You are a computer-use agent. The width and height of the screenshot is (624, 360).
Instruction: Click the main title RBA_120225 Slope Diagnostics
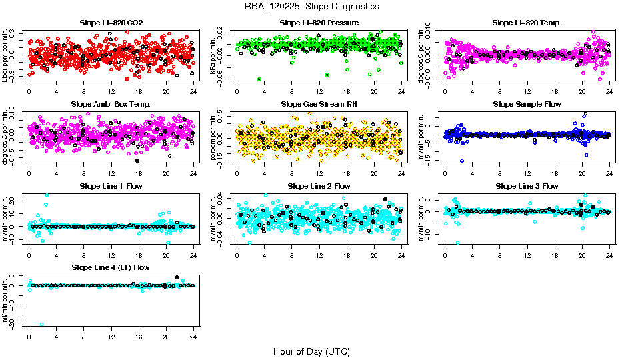click(311, 6)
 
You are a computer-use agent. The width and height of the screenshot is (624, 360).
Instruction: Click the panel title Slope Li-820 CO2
click(111, 23)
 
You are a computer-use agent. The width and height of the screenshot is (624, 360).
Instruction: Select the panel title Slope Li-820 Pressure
click(319, 23)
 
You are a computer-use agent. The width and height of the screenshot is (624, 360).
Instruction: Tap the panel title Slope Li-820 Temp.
click(527, 23)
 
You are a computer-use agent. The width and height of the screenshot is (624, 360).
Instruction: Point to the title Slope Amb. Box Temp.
click(111, 105)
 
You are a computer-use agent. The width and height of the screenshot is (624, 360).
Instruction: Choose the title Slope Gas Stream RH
click(319, 105)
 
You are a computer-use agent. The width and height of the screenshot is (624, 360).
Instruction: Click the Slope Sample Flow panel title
click(527, 105)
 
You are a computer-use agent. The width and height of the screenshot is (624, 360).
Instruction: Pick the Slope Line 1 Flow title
click(111, 186)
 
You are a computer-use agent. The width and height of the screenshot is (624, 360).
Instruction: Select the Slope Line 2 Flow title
click(319, 186)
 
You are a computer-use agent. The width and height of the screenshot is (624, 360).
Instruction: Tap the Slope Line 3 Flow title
click(527, 186)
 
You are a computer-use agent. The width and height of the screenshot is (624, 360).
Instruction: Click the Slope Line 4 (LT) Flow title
click(111, 268)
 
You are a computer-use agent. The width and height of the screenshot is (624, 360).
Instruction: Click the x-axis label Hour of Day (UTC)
click(311, 351)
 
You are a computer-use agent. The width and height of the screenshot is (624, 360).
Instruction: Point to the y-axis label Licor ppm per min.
click(6, 54)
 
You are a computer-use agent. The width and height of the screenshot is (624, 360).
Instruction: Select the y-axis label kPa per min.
click(214, 54)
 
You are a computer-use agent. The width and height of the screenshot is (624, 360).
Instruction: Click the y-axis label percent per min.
click(214, 135)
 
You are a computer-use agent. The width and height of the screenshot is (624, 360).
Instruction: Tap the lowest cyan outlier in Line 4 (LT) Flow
click(42, 324)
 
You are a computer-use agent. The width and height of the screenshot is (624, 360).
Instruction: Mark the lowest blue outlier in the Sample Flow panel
click(461, 161)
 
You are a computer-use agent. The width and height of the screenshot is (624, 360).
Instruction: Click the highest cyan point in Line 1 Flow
click(46, 195)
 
